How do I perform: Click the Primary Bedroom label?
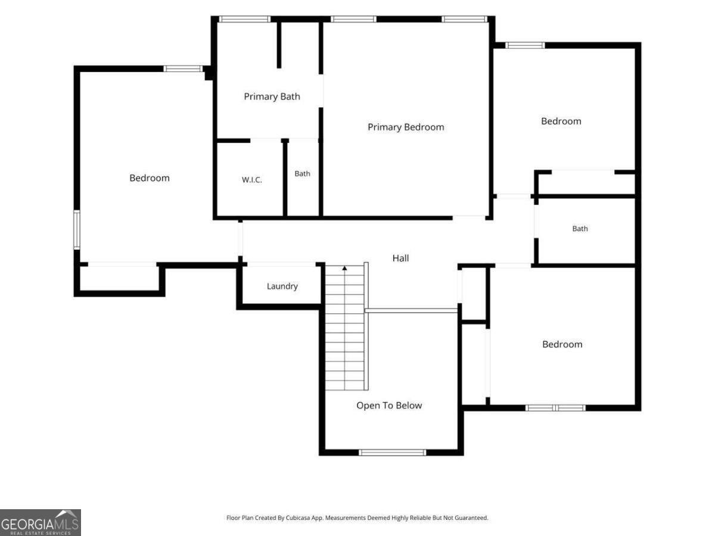406,127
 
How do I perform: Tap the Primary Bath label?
272,96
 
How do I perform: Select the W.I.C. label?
252,180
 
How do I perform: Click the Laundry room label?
282,286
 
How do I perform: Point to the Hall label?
400,258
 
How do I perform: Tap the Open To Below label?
389,405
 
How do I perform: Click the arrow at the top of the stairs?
344,268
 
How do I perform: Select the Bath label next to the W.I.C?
302,173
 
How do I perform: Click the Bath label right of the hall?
580,229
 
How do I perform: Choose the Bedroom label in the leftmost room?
150,177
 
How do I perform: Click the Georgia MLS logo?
41,522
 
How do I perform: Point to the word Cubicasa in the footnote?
299,518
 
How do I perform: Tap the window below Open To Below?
392,453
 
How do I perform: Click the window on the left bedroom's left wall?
76,230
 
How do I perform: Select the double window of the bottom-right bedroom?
555,408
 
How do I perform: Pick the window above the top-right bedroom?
525,45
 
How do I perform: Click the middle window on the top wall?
353,19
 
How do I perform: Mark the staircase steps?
344,328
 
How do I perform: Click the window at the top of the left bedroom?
183,68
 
